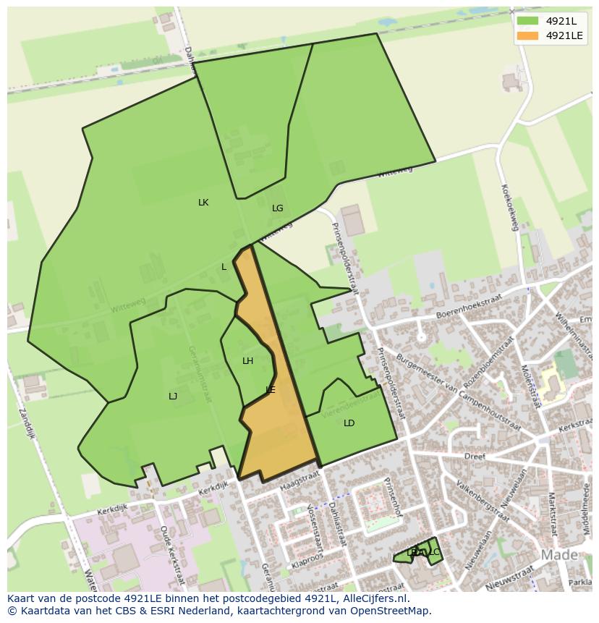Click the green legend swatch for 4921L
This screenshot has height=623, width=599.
527,21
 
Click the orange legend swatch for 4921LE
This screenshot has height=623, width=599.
527,35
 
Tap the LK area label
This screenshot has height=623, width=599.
203,203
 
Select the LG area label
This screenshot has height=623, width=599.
278,208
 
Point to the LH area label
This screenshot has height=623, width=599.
248,361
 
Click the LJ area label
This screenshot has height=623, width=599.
173,397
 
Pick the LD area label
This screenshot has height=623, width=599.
349,423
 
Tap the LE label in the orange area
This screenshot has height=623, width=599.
271,390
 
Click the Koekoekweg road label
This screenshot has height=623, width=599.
510,207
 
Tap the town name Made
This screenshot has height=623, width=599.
559,555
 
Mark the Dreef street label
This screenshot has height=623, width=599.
474,457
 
